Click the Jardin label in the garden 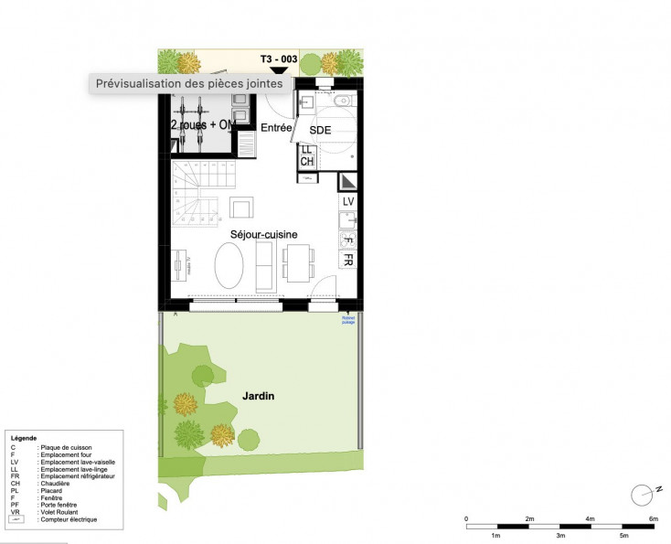[x=258, y=396]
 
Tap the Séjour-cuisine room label [x=263, y=234]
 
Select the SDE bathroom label [x=320, y=131]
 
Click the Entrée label [x=276, y=128]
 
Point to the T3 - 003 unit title [x=279, y=59]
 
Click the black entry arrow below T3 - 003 [x=280, y=69]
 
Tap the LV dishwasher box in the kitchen [x=347, y=201]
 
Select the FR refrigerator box [x=347, y=260]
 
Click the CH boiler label [x=307, y=161]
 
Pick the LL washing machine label [x=307, y=150]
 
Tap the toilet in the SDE [x=342, y=101]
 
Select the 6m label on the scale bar [x=652, y=519]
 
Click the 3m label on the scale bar [x=560, y=535]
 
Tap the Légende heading [x=24, y=438]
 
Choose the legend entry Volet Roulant [x=63, y=512]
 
